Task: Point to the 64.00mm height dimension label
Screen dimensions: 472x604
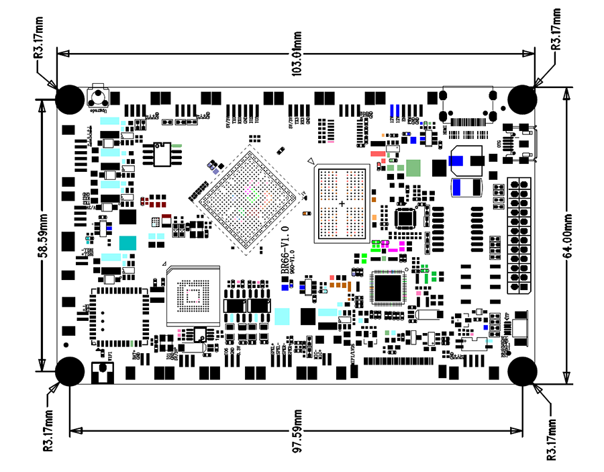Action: coord(568,235)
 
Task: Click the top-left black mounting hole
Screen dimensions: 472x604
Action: coord(69,99)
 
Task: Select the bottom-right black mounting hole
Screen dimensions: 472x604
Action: coord(521,371)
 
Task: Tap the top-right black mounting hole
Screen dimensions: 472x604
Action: coord(522,99)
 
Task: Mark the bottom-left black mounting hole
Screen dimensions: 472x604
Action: coord(69,371)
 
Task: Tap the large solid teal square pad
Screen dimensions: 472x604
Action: coord(127,243)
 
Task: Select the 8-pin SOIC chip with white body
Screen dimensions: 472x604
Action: coord(162,154)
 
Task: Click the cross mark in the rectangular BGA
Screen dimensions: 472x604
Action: coord(342,203)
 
